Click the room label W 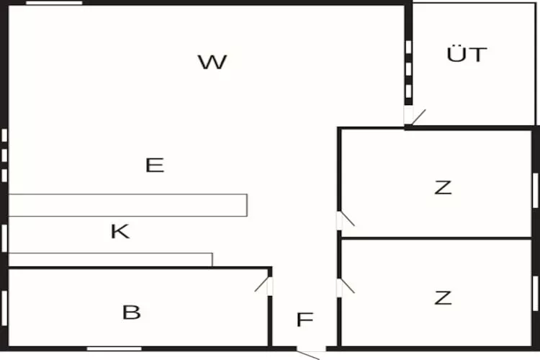click(212, 63)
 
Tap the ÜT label click(467, 55)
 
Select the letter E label click(155, 166)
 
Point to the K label click(120, 232)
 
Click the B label click(131, 313)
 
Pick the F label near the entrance click(305, 320)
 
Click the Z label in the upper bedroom click(443, 188)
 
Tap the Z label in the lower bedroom click(443, 297)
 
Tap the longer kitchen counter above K click(127, 205)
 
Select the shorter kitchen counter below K click(110, 259)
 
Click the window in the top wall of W click(54, 3)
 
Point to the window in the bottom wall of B click(114, 349)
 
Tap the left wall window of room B click(4, 308)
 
